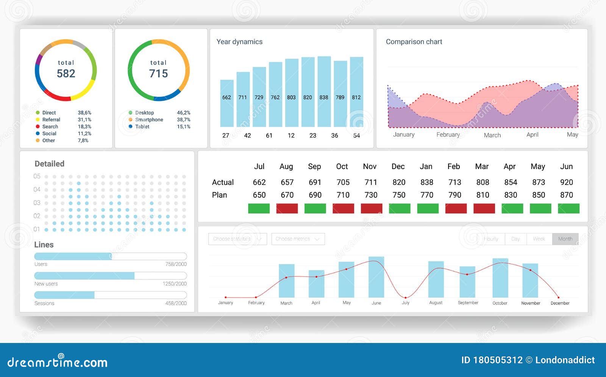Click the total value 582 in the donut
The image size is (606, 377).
66,73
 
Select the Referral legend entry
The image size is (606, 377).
51,119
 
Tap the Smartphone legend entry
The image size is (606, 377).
149,119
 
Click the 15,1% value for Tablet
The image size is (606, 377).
183,127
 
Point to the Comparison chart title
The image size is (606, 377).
414,42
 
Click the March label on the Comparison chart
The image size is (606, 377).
492,135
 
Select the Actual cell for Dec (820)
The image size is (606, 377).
398,182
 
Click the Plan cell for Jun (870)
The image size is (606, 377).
566,195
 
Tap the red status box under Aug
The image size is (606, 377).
287,208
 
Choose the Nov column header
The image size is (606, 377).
369,166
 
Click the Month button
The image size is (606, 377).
565,239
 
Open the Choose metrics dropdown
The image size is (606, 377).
298,239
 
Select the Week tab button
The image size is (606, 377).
539,239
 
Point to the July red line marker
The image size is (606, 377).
405,298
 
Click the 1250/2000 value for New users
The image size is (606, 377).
174,284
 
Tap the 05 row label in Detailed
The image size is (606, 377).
37,176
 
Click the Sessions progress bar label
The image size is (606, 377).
44,303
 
